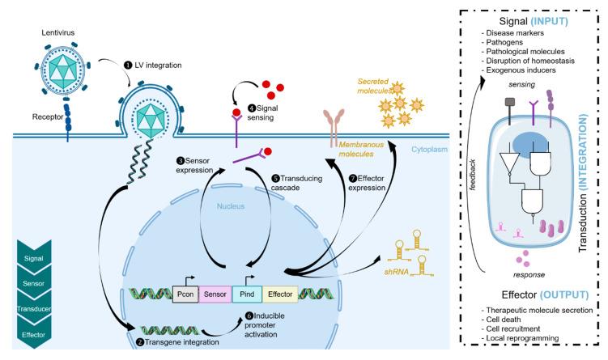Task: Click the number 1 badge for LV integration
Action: (127, 64)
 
